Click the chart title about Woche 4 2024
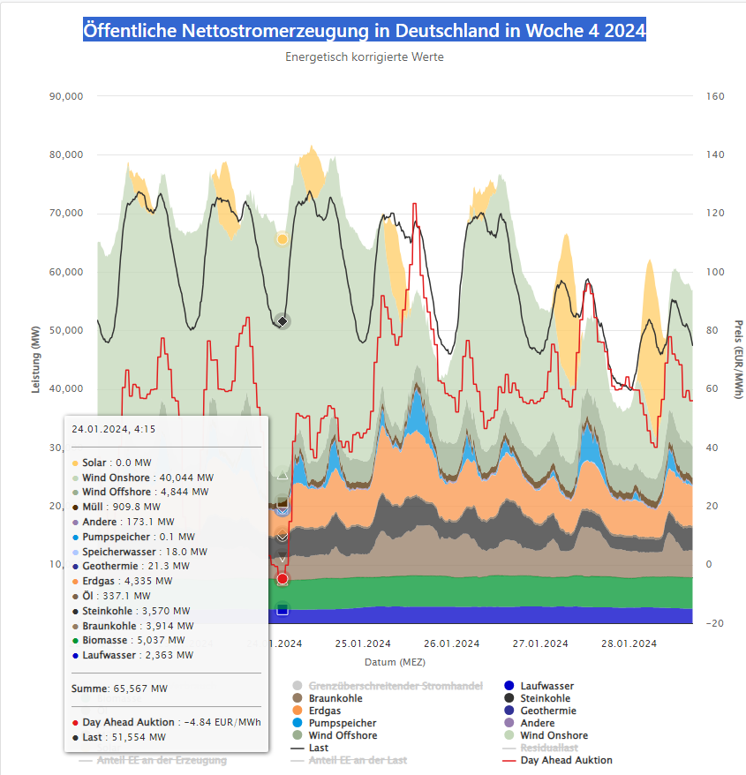[365, 31]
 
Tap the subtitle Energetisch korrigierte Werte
[365, 57]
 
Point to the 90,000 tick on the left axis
[64, 96]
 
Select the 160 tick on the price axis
[716, 96]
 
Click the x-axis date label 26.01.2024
[450, 643]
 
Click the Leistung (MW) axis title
[36, 361]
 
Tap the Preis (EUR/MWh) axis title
[738, 361]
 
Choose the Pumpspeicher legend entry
[342, 723]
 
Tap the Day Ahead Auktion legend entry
[566, 760]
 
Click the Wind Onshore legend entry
[554, 735]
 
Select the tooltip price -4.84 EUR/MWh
[228, 722]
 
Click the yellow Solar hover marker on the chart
[283, 239]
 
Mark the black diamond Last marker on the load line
[283, 320]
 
